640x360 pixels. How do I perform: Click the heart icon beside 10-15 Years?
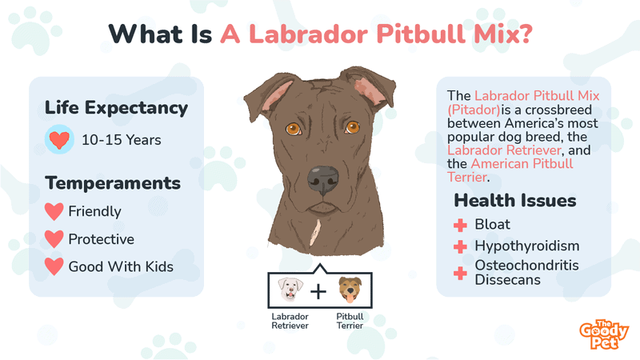tap(58, 140)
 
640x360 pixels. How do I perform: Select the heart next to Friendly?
tap(54, 212)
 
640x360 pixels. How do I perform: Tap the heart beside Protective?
tap(54, 239)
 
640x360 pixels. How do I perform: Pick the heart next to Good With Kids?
tap(54, 266)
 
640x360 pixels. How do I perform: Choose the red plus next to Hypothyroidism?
tap(460, 246)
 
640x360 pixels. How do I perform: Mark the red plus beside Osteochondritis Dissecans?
tap(460, 273)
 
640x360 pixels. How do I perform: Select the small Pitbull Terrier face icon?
tap(349, 290)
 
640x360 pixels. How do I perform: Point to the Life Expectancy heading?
tap(117, 107)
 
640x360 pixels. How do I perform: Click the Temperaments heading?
tap(113, 183)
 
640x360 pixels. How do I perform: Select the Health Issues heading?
tap(515, 200)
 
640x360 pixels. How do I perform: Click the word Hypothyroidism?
tap(526, 246)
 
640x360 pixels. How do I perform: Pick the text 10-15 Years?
tap(121, 140)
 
